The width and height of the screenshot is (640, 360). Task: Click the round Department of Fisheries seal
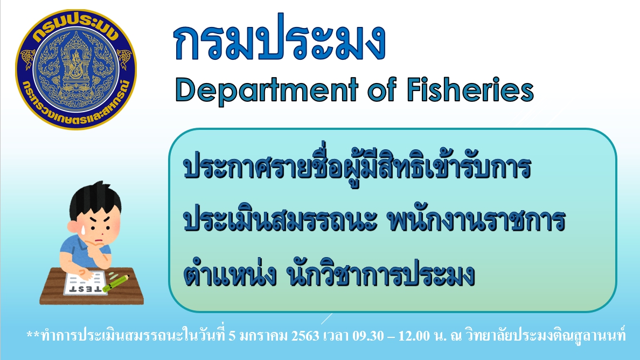tap(76, 69)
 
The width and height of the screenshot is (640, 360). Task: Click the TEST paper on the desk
tap(85, 283)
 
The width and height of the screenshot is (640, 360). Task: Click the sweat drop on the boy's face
tap(83, 230)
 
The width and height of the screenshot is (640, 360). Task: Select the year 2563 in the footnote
tap(305, 336)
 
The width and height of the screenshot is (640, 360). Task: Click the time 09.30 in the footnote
tap(368, 336)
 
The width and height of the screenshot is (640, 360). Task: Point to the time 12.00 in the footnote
tap(414, 336)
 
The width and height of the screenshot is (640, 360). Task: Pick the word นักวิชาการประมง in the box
tap(381, 274)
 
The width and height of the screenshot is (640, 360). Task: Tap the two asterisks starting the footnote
tap(33, 335)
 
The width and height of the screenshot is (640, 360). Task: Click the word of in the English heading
tap(382, 89)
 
